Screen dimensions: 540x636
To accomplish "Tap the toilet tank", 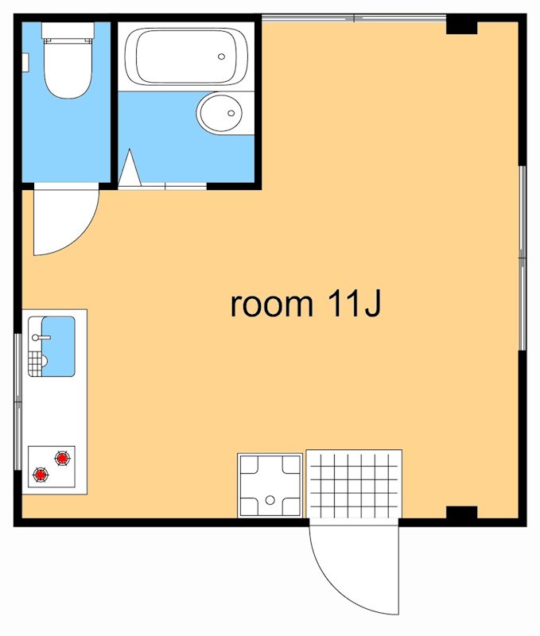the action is [68, 30].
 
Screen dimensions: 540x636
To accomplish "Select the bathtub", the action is [186, 56].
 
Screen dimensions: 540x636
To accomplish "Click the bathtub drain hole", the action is [221, 56].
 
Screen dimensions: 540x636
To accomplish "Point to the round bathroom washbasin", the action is [219, 113].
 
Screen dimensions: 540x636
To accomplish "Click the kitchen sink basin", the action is [58, 346].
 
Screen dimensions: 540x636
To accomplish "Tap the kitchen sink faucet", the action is [41, 337].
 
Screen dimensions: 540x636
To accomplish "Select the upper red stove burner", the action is [62, 458].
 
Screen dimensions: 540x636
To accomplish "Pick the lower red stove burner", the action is [41, 474].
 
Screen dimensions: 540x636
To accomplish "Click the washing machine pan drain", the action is [270, 501].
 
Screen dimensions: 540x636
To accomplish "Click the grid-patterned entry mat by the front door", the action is [354, 483].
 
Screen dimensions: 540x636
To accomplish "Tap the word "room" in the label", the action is [272, 304].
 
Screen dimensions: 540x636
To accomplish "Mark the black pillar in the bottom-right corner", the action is [462, 513].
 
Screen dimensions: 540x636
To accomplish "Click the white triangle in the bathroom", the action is [130, 169].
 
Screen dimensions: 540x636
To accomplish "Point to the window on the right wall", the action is [523, 258].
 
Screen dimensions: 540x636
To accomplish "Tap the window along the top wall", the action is [354, 17].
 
